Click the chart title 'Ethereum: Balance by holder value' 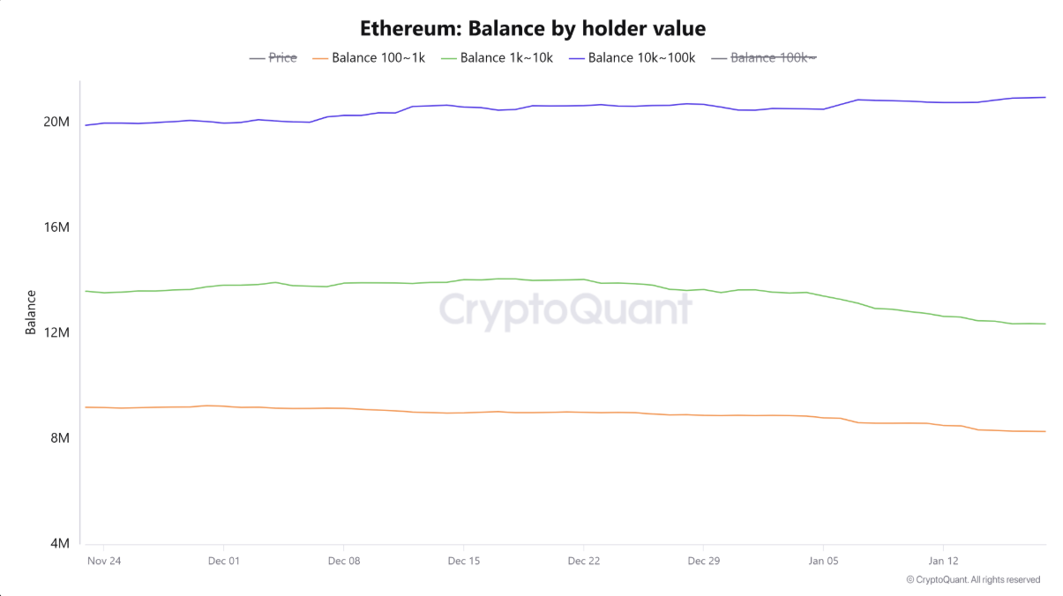click(x=533, y=28)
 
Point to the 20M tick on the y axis click(x=56, y=122)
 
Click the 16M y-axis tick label click(x=56, y=227)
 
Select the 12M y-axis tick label click(x=56, y=332)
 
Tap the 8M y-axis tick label click(x=59, y=438)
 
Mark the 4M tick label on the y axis click(x=59, y=544)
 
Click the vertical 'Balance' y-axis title click(x=31, y=312)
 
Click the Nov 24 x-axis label click(x=103, y=561)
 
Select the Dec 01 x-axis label click(x=223, y=561)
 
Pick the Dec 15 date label click(x=463, y=561)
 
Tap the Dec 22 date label click(x=583, y=561)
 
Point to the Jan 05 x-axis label click(x=823, y=561)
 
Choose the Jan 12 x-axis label click(x=943, y=561)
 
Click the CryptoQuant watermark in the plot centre click(x=565, y=311)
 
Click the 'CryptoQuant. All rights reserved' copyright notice click(x=973, y=580)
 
